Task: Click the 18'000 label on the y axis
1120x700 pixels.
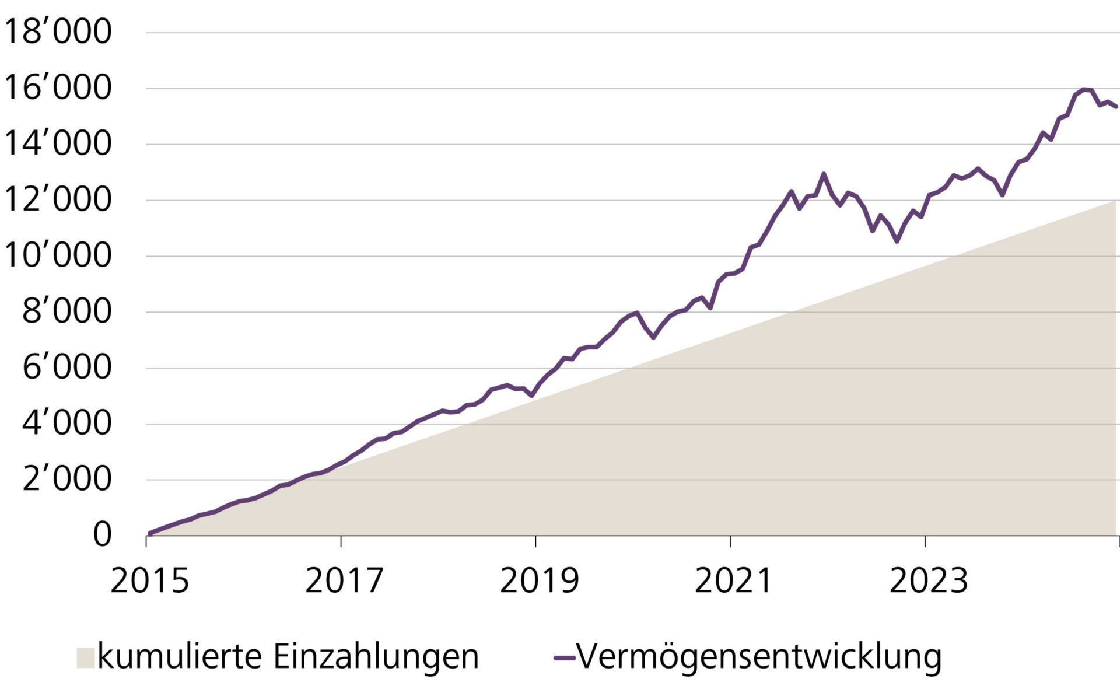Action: (x=57, y=32)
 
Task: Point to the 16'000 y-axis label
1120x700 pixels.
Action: (x=57, y=87)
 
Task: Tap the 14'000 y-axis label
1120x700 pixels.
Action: (x=57, y=143)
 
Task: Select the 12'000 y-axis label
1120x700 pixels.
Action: (x=57, y=199)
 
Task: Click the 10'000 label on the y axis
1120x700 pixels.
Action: (x=57, y=256)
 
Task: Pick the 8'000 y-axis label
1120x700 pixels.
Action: (x=66, y=311)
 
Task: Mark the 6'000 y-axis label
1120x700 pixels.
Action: (x=66, y=367)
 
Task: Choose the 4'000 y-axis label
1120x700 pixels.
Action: (x=66, y=423)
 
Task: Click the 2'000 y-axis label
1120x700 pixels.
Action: (x=66, y=480)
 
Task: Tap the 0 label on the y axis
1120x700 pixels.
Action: (x=102, y=534)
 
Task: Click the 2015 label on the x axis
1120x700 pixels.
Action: (x=150, y=581)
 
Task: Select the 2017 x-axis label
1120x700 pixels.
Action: (x=344, y=581)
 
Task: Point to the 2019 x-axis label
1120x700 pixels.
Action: (x=539, y=581)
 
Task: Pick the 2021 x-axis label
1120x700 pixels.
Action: (x=733, y=581)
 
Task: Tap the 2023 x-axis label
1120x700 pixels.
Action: (x=928, y=581)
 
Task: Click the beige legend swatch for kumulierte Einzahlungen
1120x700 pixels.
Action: (x=85, y=657)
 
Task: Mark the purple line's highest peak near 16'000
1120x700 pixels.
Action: (x=1084, y=89)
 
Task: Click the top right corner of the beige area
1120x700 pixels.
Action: (x=1115, y=201)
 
